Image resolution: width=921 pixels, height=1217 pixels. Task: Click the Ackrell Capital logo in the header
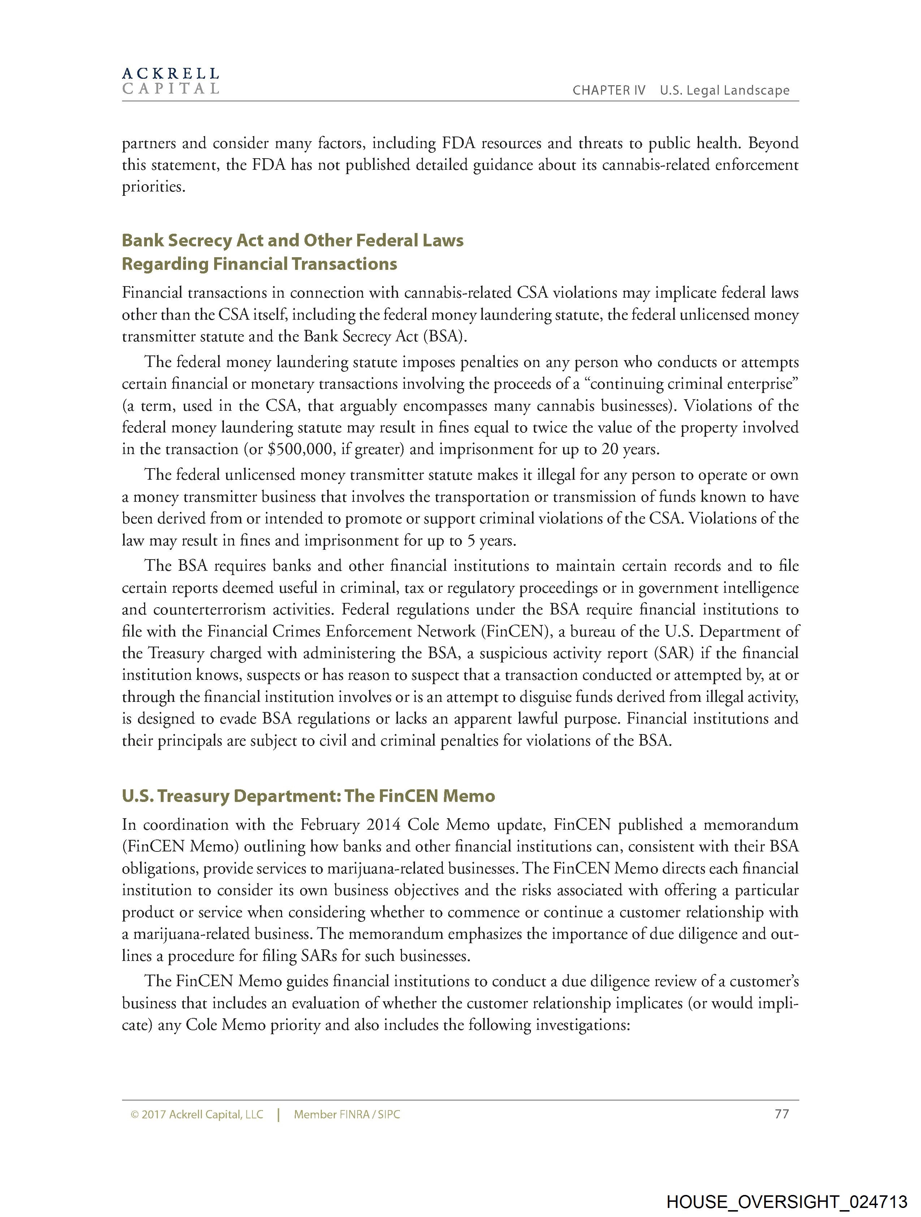170,81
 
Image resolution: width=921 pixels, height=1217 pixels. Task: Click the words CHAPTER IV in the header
609,91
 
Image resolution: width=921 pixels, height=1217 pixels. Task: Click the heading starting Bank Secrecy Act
292,241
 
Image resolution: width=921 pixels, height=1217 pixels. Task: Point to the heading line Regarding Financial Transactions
259,264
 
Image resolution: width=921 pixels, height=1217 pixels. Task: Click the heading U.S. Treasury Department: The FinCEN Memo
308,796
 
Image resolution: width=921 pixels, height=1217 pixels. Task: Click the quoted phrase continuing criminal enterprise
694,384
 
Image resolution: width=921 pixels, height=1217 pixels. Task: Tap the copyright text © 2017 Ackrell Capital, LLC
197,1115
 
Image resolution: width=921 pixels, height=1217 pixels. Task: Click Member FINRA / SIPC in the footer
347,1115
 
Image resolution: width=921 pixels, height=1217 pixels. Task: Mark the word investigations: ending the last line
582,1025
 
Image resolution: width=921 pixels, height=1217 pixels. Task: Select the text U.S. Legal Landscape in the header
725,91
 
